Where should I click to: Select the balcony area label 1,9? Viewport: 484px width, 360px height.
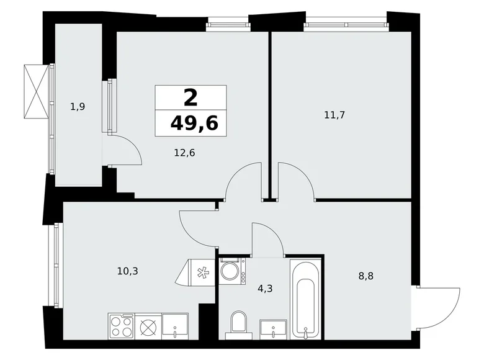(78, 107)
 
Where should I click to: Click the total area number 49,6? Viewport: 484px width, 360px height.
(194, 124)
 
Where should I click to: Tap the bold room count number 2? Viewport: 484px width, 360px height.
(191, 97)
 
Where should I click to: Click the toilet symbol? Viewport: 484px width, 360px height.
(237, 325)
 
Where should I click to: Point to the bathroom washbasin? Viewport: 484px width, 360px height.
(273, 328)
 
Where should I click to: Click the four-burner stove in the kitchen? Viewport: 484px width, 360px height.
(121, 326)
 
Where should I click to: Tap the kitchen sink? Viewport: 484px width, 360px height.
(175, 326)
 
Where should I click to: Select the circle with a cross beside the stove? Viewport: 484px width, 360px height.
(148, 326)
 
